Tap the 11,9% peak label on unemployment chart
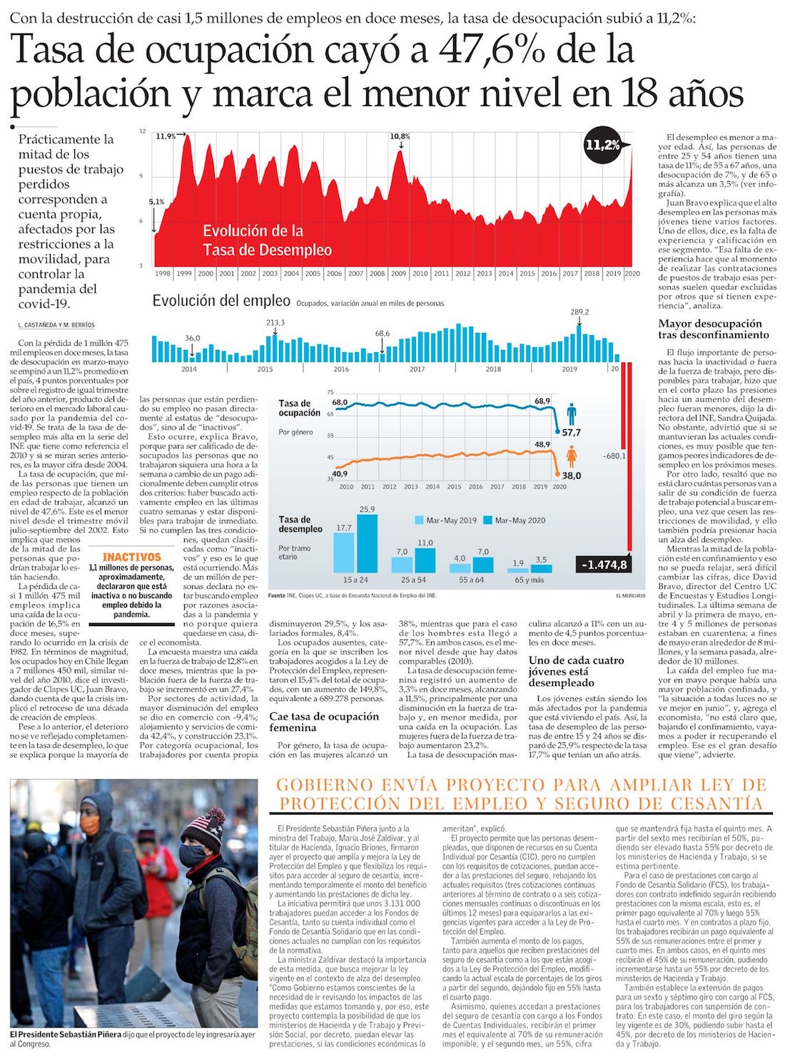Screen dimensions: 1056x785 pos(166,136)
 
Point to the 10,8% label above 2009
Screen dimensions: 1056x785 pos(400,136)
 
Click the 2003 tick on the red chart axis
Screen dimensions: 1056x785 pos(270,273)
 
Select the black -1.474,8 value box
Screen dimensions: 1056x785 pos(604,565)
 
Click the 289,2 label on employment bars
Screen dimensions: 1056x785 pos(579,312)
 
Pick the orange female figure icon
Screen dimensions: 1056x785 pos(571,456)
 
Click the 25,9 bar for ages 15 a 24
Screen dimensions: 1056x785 pos(367,542)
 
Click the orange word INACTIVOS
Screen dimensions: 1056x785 pos(132,557)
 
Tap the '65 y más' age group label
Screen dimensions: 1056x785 pos(529,580)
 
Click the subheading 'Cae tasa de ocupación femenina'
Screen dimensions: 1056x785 pos(324,722)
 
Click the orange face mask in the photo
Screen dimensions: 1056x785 pos(90,825)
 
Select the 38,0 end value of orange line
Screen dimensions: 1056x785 pos(572,476)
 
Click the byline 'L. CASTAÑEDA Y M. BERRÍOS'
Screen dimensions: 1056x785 pos(56,325)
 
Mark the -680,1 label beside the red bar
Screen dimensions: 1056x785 pos(614,456)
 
